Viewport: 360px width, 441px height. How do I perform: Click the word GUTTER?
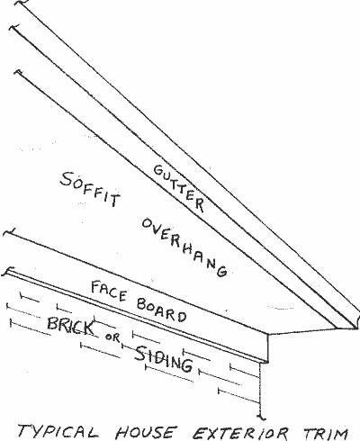coord(179,188)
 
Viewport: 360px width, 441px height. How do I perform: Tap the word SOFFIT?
coord(90,189)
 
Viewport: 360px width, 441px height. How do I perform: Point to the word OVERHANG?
coord(184,247)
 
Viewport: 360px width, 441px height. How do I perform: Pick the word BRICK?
coord(70,326)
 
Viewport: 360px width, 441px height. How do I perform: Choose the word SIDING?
coord(163,359)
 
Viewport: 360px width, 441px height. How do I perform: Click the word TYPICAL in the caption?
coord(58,431)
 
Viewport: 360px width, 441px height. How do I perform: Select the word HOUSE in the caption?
coord(146,432)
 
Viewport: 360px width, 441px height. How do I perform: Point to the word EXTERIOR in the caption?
coord(240,433)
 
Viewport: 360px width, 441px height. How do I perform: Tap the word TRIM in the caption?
coord(326,433)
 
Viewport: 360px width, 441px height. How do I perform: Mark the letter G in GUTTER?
coord(158,170)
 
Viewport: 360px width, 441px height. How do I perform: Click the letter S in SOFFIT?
coord(67,178)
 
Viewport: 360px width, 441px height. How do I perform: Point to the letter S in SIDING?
coord(140,353)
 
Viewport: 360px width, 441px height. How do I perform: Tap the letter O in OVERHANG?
coord(147,224)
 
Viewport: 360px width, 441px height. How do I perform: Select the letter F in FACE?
coord(96,286)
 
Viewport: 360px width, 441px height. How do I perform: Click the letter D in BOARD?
coord(182,317)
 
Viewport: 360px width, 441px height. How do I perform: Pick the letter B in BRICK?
coord(53,324)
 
